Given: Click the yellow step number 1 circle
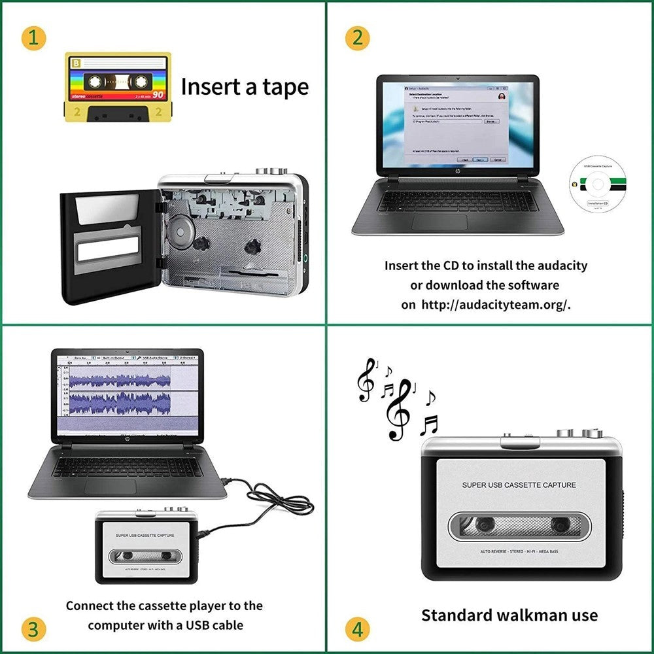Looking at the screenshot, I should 33,38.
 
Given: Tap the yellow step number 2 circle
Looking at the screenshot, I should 356,38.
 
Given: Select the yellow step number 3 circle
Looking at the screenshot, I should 33,629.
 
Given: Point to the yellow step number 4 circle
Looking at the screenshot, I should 356,629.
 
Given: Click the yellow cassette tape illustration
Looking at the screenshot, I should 118,86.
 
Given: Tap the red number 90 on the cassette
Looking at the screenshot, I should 158,95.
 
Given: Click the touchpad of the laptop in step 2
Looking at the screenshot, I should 439,222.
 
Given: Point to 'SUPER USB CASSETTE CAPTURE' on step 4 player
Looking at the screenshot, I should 519,485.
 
